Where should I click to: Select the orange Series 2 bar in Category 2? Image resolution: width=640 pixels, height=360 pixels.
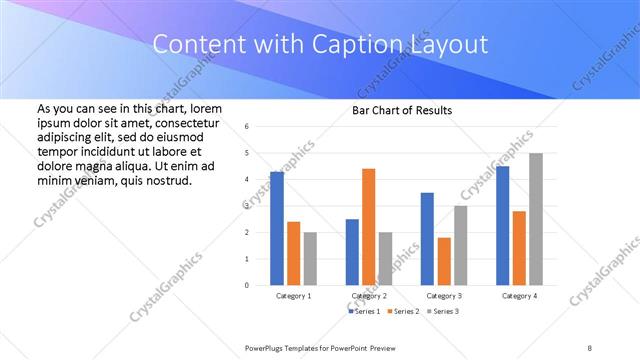click(368, 226)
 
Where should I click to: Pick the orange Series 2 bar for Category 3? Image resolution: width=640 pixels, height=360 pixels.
click(444, 261)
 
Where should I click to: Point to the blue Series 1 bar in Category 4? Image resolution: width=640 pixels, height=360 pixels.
click(502, 225)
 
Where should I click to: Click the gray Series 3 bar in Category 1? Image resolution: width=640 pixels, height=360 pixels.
click(310, 258)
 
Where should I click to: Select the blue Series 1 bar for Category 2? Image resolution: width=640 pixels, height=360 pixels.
click(352, 251)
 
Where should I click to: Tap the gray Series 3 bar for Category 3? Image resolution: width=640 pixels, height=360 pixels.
click(460, 245)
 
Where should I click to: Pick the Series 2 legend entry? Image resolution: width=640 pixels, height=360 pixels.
click(403, 312)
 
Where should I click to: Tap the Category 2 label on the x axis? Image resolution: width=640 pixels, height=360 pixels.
click(369, 296)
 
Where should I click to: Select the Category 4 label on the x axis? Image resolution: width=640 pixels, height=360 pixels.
click(518, 296)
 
